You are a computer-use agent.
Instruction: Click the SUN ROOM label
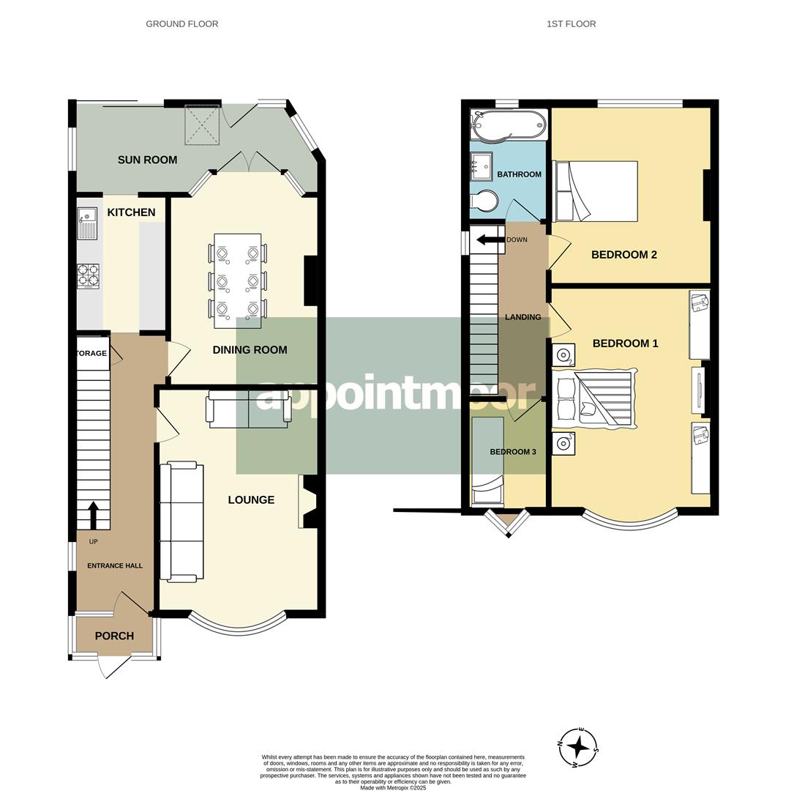pyautogui.click(x=147, y=160)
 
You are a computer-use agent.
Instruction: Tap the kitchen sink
pyautogui.click(x=86, y=223)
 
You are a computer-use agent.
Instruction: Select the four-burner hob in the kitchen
pyautogui.click(x=88, y=276)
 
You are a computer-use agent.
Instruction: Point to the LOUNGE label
pyautogui.click(x=251, y=500)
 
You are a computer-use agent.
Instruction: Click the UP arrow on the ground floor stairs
pyautogui.click(x=94, y=514)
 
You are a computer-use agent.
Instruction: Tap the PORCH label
pyautogui.click(x=114, y=636)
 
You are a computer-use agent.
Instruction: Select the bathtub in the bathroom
pyautogui.click(x=509, y=125)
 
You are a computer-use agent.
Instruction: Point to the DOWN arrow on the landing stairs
pyautogui.click(x=489, y=239)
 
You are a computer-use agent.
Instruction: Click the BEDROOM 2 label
pyautogui.click(x=624, y=255)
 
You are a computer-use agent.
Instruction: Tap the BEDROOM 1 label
pyautogui.click(x=625, y=343)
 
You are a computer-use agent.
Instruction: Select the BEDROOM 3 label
pyautogui.click(x=512, y=452)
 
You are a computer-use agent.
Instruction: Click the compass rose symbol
pyautogui.click(x=578, y=748)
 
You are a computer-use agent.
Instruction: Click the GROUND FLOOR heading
pyautogui.click(x=181, y=24)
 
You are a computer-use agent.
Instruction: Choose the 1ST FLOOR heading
pyautogui.click(x=571, y=24)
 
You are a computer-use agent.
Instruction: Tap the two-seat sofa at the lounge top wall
pyautogui.click(x=249, y=410)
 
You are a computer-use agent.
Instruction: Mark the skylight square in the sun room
pyautogui.click(x=202, y=125)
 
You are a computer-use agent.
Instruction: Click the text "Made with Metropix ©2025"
pyautogui.click(x=393, y=787)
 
